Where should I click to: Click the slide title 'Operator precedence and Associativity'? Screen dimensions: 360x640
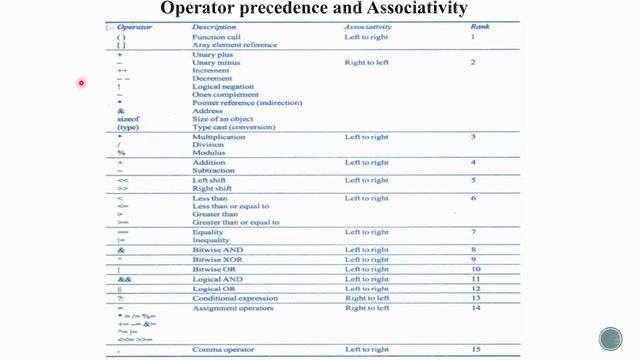coord(314,9)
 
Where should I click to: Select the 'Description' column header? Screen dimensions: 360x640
coord(214,27)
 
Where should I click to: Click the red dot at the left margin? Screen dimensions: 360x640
coord(82,83)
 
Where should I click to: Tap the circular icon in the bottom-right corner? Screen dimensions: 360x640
coord(611,338)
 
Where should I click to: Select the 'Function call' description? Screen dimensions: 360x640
coord(216,37)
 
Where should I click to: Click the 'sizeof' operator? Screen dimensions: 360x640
coord(129,119)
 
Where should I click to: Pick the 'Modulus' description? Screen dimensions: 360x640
coord(209,153)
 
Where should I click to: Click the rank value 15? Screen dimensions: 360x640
coord(475,348)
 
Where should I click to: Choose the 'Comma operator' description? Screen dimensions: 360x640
coord(224,349)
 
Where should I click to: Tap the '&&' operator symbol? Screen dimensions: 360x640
coord(124,279)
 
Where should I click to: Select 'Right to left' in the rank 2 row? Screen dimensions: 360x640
coord(366,62)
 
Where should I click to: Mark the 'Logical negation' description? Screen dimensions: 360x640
coord(225,87)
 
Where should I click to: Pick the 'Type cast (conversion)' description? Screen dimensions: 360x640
coord(233,128)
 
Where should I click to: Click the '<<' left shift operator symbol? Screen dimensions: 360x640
coord(123,180)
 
